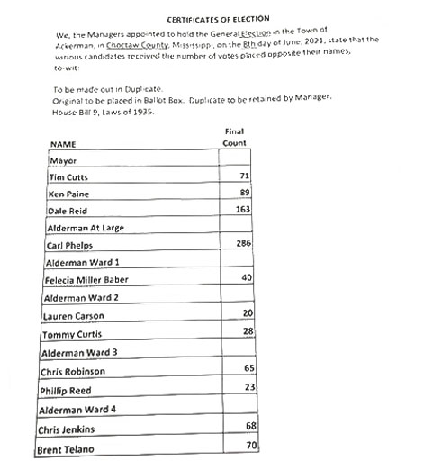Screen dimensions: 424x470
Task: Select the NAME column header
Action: [62, 144]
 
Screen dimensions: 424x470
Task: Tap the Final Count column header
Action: [234, 137]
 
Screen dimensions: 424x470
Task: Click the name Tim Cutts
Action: [65, 177]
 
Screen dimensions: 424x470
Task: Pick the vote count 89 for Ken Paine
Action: [244, 193]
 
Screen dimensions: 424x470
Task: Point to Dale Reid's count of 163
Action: [241, 209]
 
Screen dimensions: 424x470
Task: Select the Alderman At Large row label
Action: [85, 228]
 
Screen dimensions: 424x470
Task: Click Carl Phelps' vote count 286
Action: [241, 244]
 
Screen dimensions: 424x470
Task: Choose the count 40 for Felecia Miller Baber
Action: [246, 277]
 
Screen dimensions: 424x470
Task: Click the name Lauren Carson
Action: [73, 316]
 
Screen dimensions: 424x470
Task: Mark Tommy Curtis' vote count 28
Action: [247, 332]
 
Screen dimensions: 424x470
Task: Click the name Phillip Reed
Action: [66, 391]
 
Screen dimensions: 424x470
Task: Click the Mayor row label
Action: [61, 160]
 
